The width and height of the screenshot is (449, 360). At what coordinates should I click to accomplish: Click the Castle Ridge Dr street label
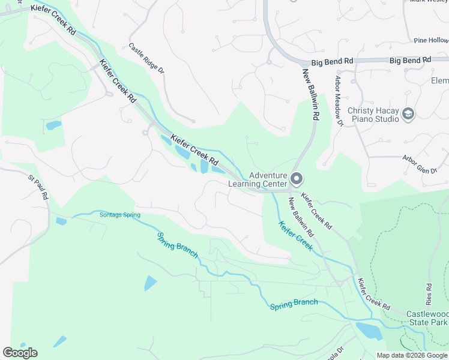pyautogui.click(x=146, y=58)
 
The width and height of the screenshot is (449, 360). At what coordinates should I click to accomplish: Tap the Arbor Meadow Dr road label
pyautogui.click(x=339, y=101)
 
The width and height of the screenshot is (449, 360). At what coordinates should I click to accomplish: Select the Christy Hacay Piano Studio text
pyautogui.click(x=373, y=115)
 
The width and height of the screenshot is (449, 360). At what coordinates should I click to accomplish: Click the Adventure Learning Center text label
pyautogui.click(x=259, y=179)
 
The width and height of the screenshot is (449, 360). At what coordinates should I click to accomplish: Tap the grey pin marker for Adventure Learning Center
pyautogui.click(x=296, y=179)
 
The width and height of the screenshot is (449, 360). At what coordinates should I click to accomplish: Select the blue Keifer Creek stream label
pyautogui.click(x=295, y=236)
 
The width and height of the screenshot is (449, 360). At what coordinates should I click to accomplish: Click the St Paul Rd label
pyautogui.click(x=38, y=187)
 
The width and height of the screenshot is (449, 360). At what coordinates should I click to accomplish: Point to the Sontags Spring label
pyautogui.click(x=120, y=215)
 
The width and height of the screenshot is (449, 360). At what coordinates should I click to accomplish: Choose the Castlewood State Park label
pyautogui.click(x=427, y=318)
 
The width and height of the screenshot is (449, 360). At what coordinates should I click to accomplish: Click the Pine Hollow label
pyautogui.click(x=430, y=40)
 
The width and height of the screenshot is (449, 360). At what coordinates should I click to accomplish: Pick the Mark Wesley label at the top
pyautogui.click(x=429, y=2)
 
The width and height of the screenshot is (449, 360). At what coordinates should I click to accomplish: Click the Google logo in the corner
pyautogui.click(x=20, y=352)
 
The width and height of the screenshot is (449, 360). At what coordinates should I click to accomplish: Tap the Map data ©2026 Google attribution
pyautogui.click(x=412, y=355)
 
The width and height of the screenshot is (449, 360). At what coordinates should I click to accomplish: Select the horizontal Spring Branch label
pyautogui.click(x=294, y=304)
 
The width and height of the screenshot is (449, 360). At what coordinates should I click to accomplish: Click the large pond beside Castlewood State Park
pyautogui.click(x=369, y=331)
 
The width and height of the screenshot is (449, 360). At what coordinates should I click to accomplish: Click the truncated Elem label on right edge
pyautogui.click(x=439, y=81)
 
